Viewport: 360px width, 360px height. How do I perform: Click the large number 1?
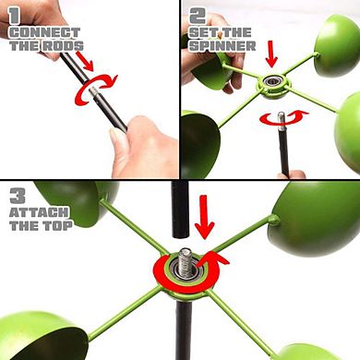point(14,16)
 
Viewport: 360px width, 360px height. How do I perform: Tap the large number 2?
point(198,16)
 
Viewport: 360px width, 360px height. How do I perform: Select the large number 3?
point(18,196)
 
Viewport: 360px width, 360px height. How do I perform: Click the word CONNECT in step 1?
point(45,32)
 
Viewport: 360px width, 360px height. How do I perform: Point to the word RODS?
point(63,46)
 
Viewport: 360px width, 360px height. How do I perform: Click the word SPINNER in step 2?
point(222,46)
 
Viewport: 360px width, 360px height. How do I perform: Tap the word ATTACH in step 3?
point(39,212)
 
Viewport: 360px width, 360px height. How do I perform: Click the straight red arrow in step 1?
point(85,60)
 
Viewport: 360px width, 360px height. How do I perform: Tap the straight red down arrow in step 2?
point(271,55)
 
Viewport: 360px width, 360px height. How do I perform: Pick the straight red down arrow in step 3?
point(204,217)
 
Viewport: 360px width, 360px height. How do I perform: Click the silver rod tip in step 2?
point(281,121)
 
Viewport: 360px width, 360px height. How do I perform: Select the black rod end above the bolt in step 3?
point(180,210)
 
